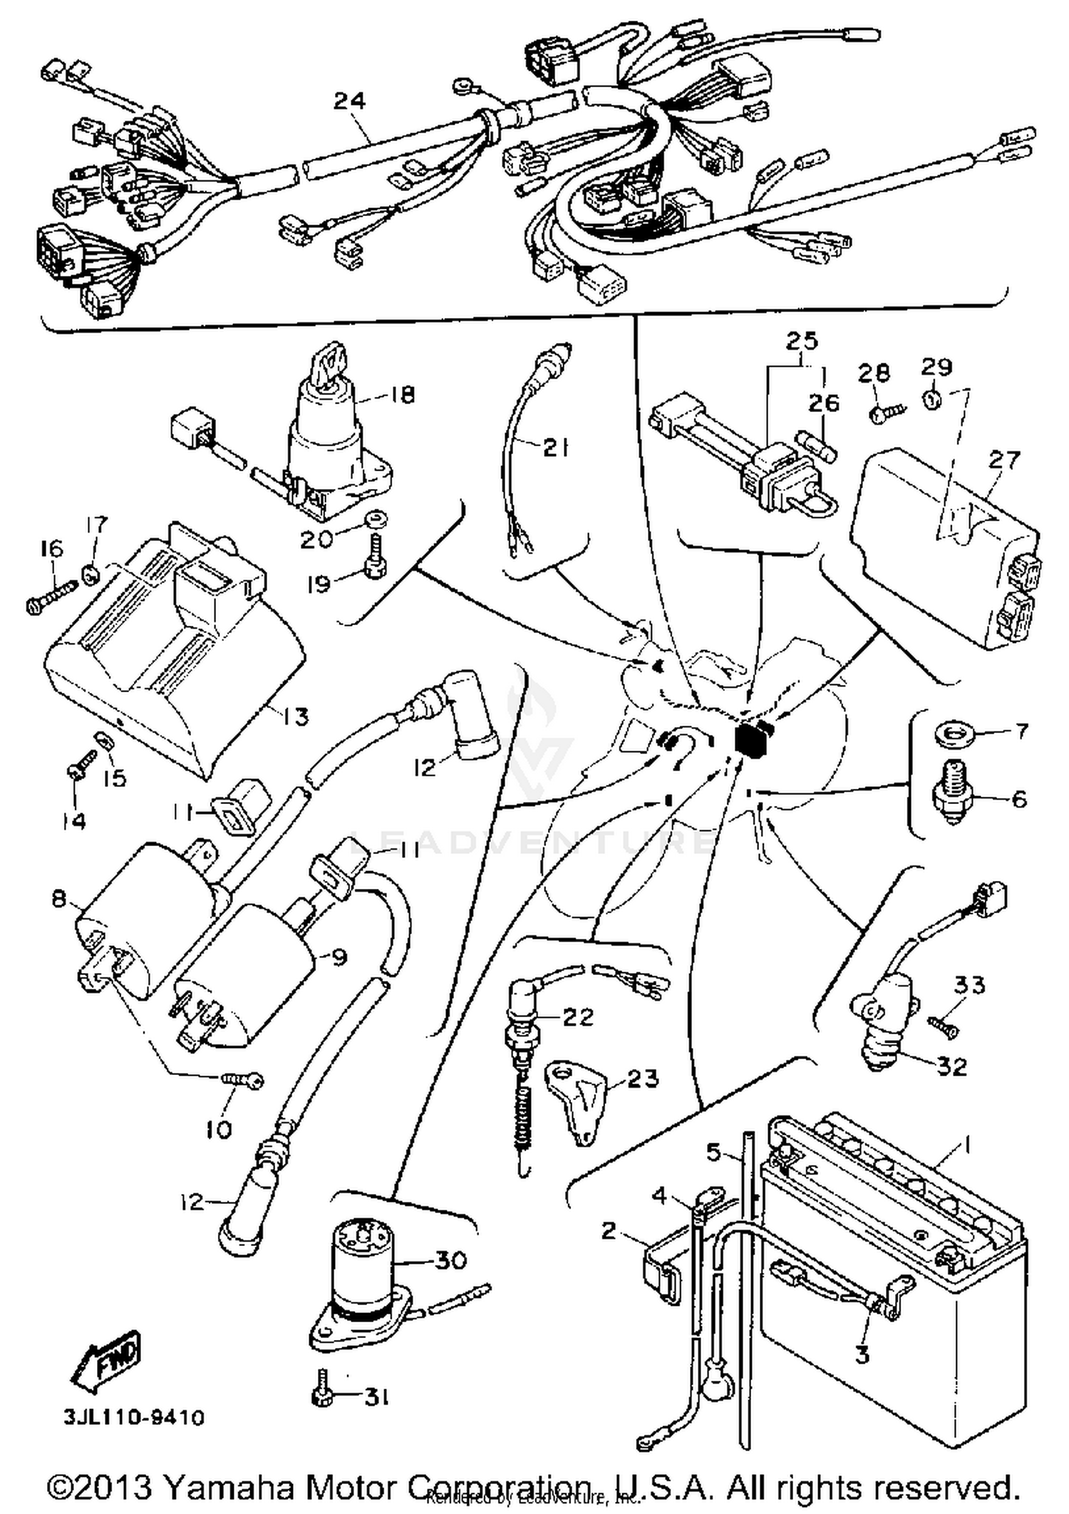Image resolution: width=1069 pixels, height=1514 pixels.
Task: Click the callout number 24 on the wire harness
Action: (349, 101)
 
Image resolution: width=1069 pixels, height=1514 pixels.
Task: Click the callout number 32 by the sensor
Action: (951, 1066)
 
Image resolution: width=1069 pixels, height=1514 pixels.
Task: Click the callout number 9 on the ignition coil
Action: (339, 957)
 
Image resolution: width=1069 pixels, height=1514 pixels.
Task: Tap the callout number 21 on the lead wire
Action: (556, 448)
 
